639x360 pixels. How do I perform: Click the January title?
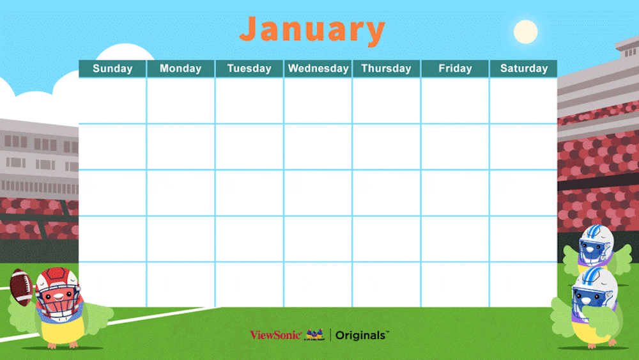[x=312, y=30]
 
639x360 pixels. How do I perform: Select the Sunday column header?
[x=112, y=68]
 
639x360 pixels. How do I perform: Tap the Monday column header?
[x=181, y=68]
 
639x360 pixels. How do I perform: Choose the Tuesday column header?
[x=249, y=68]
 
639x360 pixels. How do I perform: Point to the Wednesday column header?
[x=318, y=68]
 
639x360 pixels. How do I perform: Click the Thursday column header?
[x=387, y=68]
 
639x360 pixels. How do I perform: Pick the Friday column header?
[x=455, y=68]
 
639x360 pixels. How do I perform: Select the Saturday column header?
[x=524, y=68]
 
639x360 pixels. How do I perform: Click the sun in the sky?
[x=526, y=32]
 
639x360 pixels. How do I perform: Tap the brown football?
[x=21, y=287]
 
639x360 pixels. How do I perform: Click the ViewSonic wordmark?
[x=276, y=335]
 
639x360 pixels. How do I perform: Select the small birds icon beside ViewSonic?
[x=314, y=334]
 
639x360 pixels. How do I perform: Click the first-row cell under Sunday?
[x=112, y=100]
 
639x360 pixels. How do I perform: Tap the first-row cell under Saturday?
[x=524, y=100]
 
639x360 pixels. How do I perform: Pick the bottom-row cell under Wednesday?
[x=318, y=285]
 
